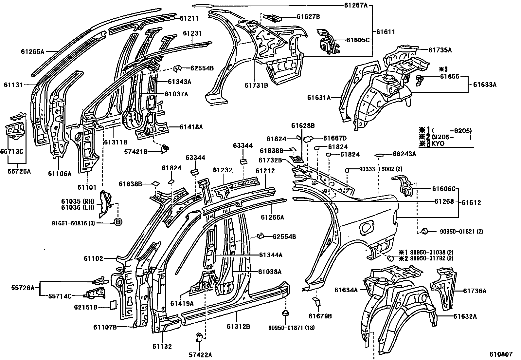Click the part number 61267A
tap(356, 5)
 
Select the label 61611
tap(385, 32)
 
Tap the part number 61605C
tap(357, 40)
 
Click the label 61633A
tap(485, 84)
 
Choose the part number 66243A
tap(404, 154)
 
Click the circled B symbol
tap(118, 222)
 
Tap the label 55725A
tap(19, 171)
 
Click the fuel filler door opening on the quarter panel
tap(366, 227)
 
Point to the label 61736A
tap(475, 291)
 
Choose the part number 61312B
tap(238, 327)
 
